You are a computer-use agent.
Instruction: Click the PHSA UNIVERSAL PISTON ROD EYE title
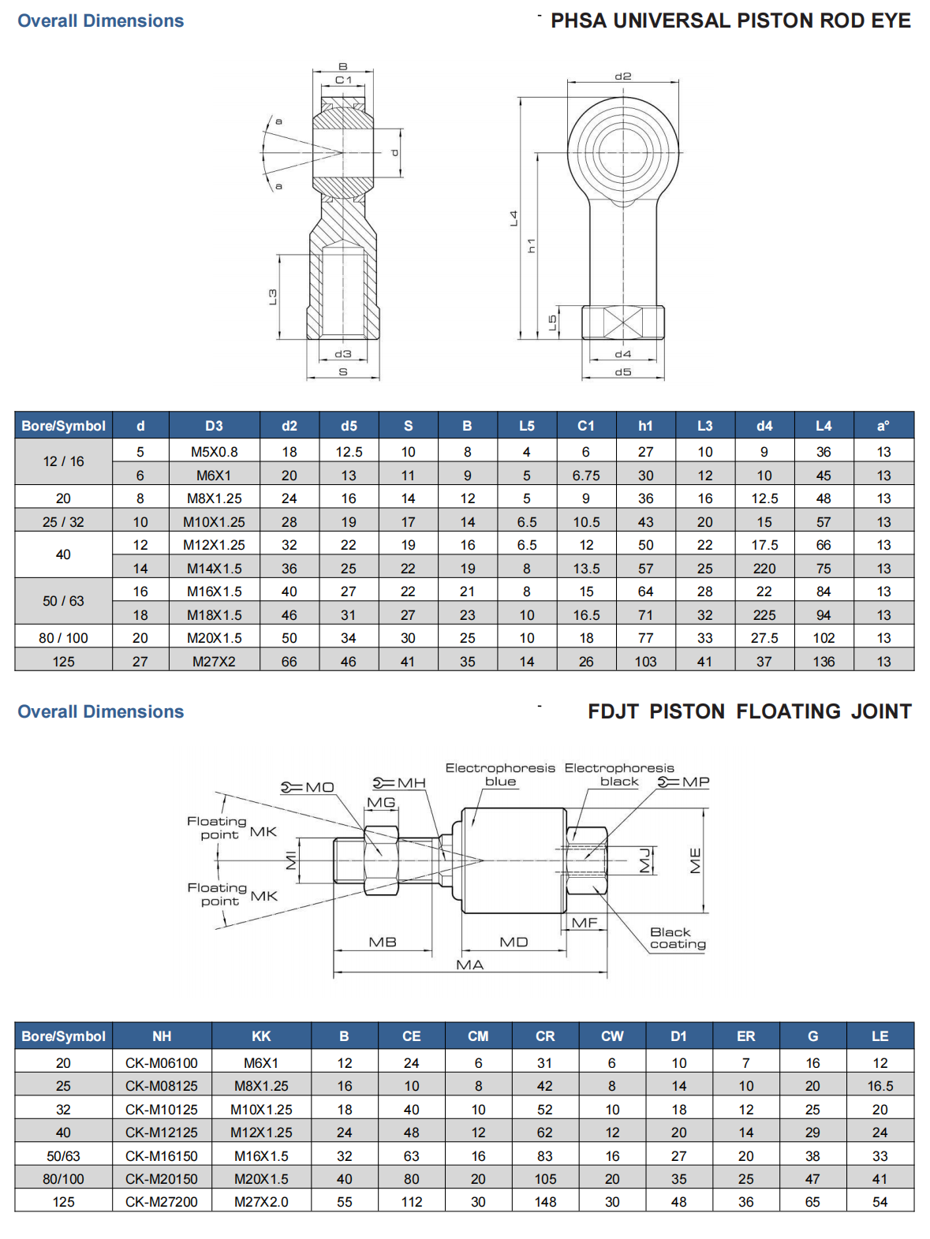730,21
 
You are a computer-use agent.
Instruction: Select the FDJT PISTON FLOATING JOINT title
749,711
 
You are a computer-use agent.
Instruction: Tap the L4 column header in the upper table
824,426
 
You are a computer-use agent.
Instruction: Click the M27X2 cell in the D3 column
214,662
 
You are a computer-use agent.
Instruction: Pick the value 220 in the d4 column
764,569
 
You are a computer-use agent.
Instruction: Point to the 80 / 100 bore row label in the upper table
63,638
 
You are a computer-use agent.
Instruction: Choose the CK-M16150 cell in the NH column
162,1156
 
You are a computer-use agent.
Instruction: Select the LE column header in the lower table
880,1036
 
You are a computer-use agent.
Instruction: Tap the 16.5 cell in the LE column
880,1087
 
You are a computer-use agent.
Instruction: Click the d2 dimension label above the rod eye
622,77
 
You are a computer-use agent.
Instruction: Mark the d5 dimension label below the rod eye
622,371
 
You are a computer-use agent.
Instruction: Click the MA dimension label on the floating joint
469,965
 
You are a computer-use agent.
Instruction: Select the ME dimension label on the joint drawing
695,860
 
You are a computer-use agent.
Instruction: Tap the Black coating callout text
677,939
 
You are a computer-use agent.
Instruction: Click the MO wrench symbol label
309,787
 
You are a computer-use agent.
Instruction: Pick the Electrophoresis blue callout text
500,774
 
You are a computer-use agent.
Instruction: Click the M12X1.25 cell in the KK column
261,1133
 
